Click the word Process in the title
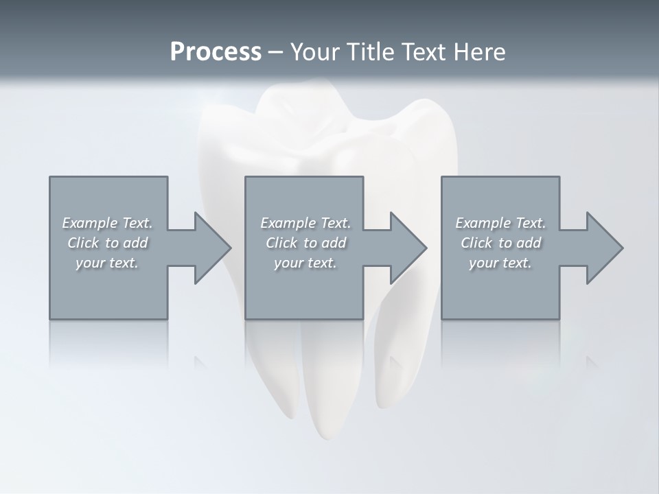click(216, 52)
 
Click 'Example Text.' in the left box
click(107, 223)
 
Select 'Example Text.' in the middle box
click(305, 223)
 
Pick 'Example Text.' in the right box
click(500, 223)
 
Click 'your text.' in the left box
click(107, 263)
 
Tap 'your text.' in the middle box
click(305, 263)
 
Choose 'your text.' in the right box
click(500, 263)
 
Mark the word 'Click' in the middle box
click(281, 243)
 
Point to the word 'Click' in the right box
click(476, 243)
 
